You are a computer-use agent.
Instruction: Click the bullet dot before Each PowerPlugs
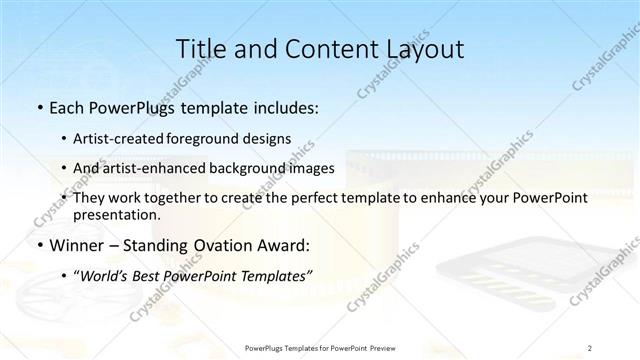38,106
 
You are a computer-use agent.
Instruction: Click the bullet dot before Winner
38,245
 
